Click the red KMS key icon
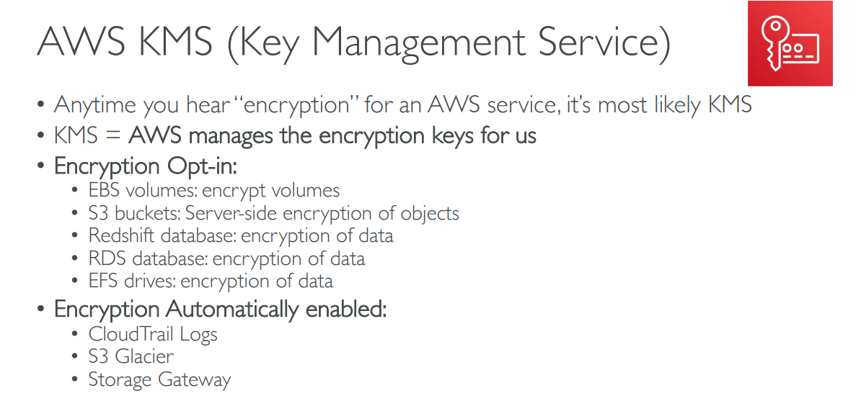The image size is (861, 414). [x=790, y=43]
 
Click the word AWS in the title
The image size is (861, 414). [x=82, y=42]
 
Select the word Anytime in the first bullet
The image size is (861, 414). [x=94, y=105]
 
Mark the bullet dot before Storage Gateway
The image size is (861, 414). [x=76, y=380]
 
